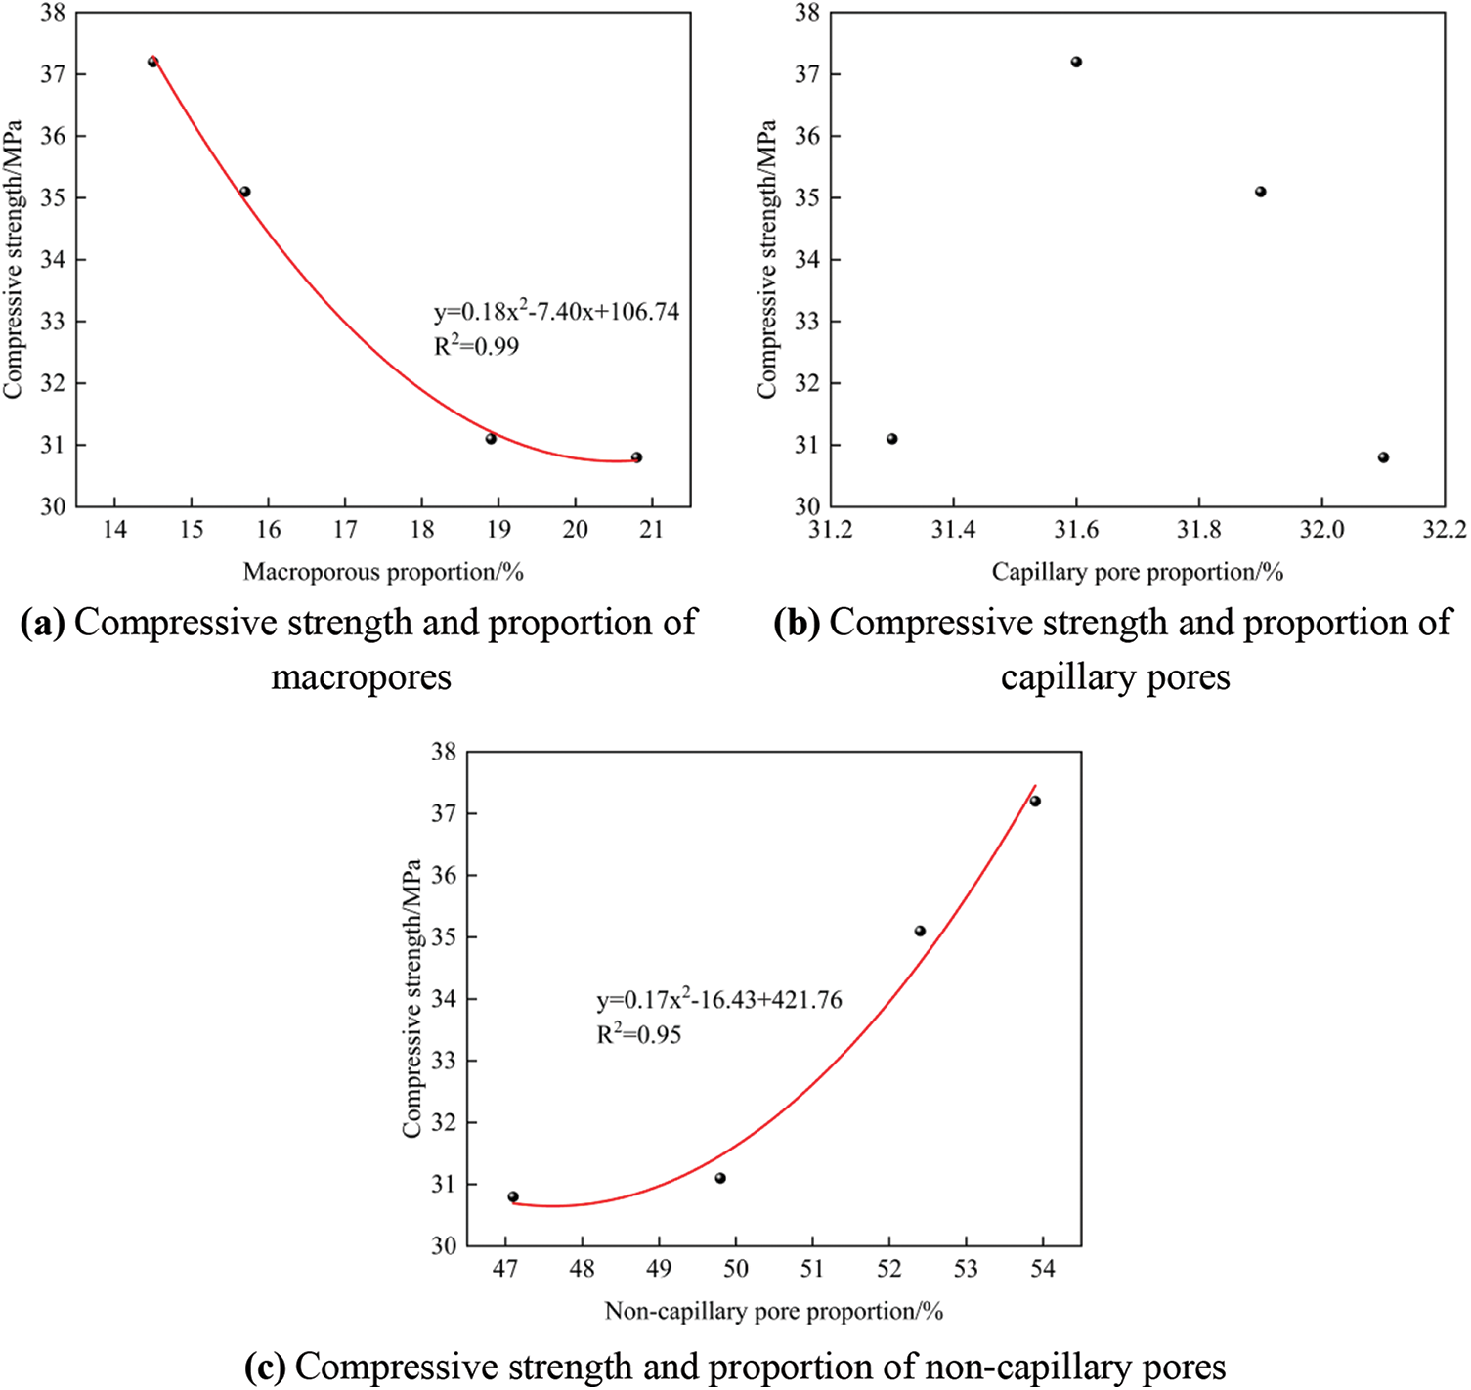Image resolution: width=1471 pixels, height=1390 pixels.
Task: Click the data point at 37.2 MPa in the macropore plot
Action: coord(152,62)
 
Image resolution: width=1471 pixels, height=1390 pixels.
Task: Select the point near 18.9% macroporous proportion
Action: coord(491,439)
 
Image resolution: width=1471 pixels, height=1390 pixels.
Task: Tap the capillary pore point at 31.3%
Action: coord(891,439)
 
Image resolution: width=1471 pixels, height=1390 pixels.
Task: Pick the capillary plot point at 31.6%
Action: coord(1076,62)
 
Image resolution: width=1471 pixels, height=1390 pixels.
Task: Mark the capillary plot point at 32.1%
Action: coord(1383,457)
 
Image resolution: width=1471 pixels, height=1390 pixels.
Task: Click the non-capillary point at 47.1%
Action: coord(513,1196)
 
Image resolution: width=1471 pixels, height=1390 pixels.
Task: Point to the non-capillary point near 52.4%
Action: coord(920,931)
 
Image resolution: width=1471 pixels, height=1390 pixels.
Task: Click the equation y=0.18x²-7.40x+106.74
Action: coord(556,313)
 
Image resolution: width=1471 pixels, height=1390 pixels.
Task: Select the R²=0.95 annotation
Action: coord(638,1034)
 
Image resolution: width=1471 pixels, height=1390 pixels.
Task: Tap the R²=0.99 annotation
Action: coord(476,346)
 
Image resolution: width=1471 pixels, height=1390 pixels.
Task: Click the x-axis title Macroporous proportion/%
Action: coord(383,572)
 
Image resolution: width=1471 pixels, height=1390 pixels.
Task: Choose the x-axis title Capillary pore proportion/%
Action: coord(1137,572)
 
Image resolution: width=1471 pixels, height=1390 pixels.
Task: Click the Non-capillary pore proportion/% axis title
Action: coord(774,1311)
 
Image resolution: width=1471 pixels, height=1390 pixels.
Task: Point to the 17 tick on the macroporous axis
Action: coord(345,529)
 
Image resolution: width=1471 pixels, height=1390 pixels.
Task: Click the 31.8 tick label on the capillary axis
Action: coord(1198,529)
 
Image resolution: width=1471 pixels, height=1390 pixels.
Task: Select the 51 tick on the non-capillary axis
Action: coord(812,1268)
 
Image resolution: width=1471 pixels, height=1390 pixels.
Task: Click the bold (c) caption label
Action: coord(266,1366)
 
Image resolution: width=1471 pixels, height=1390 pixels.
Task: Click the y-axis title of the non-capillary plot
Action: coord(411,998)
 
